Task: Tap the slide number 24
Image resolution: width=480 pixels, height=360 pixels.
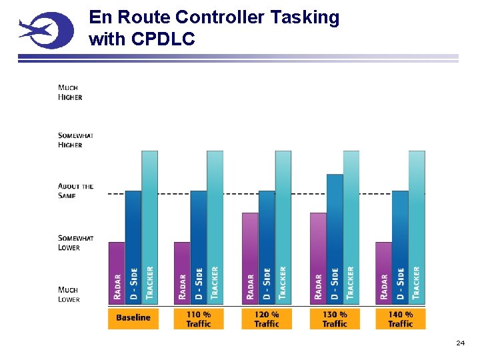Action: coord(460,343)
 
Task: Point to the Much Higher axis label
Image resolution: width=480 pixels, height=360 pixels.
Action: coord(70,92)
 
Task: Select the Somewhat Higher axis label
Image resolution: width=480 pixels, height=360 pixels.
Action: coord(75,140)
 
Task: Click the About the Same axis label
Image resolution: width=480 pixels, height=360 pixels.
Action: coord(75,191)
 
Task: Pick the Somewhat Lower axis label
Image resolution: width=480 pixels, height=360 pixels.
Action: coord(75,243)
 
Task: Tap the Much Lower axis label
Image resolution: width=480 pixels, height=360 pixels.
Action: coord(69,295)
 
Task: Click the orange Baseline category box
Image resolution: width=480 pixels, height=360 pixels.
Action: coord(133,318)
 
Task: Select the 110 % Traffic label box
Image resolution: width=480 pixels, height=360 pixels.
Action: coord(199,319)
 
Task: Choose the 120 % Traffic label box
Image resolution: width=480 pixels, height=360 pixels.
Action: coord(267,319)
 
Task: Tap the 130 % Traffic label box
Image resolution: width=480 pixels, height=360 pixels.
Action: coord(335,319)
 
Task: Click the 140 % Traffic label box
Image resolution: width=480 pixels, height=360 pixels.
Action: coord(400,319)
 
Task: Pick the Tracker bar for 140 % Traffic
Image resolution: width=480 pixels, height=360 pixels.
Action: coord(417,227)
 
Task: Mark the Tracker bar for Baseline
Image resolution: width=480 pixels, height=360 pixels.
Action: coord(150,227)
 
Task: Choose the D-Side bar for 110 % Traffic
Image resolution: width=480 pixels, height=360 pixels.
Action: coord(199,247)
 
